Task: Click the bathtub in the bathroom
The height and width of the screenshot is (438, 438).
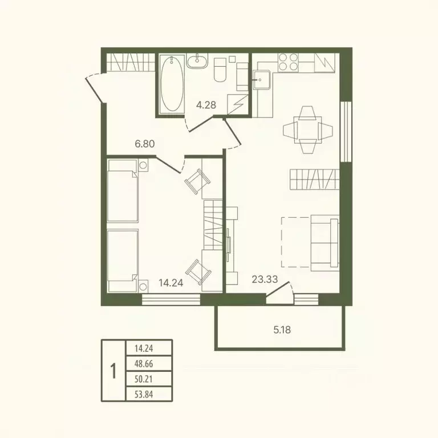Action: coord(172,84)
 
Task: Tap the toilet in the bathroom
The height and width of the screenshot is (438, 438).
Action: coord(220,70)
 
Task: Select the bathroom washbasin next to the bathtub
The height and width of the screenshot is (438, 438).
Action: coord(197,60)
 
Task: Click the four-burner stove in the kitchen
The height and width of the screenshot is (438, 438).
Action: coord(288,62)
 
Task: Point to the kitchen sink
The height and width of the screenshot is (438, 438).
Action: coord(262,80)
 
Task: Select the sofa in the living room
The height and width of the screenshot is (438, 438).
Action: coord(325,243)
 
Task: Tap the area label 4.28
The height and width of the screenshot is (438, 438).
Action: coord(206,105)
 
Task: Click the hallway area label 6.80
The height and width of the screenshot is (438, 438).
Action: coord(145,144)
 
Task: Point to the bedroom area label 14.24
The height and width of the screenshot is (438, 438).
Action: coord(171,283)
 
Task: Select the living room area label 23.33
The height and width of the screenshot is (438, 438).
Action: coord(265,279)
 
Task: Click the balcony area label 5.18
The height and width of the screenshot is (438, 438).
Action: coord(282,330)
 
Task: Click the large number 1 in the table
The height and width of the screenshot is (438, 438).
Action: coord(113,371)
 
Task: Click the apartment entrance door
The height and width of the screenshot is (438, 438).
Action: coord(95,88)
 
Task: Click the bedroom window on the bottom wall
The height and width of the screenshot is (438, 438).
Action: coord(171,299)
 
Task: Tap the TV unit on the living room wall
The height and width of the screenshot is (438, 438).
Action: coord(232,245)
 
